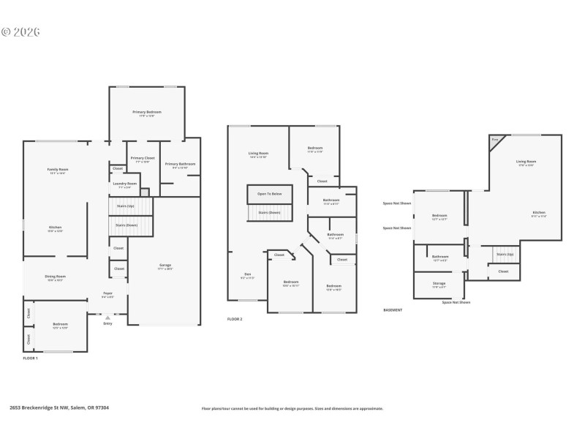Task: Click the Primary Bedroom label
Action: coord(147,113)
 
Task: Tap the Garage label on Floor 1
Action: coord(166,266)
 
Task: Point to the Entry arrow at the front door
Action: coord(108,318)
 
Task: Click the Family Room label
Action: coord(58,170)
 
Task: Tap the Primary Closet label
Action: coord(142,160)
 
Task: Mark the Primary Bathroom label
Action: coord(179,165)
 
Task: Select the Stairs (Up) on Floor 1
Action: coord(127,206)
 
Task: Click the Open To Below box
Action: coord(270,194)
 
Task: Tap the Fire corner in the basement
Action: coord(495,140)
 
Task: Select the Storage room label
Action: coord(439,284)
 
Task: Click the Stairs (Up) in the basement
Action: coord(505,255)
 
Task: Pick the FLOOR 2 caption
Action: coord(235,319)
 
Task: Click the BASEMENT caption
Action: coord(393,309)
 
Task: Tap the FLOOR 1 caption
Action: coord(30,359)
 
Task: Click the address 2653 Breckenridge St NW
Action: coord(59,408)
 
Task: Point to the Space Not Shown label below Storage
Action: coord(456,302)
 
